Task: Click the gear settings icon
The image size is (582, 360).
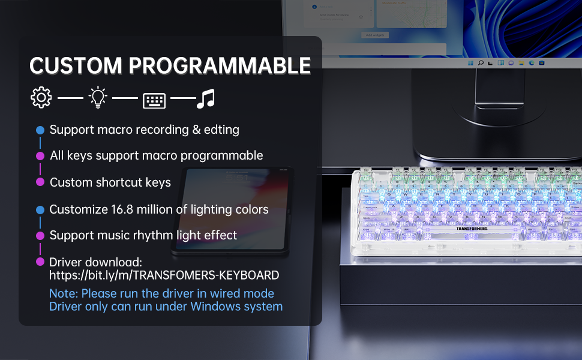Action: tap(41, 98)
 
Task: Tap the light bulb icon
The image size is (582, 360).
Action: tap(98, 97)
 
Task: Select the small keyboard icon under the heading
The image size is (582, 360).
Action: tap(154, 100)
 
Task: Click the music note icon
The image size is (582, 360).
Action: tap(206, 98)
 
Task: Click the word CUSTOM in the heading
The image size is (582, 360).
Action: tap(76, 65)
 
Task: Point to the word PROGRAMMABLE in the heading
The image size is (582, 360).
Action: tap(220, 65)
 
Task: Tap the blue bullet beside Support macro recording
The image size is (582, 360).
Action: tap(40, 130)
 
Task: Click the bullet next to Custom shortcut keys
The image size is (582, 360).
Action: tap(40, 182)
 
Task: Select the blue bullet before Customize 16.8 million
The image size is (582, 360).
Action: tap(40, 209)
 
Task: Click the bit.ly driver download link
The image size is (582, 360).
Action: tap(164, 275)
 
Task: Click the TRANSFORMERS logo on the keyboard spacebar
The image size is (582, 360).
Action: tap(472, 229)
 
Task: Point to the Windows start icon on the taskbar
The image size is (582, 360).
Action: tap(470, 63)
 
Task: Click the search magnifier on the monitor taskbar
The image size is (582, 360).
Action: tap(481, 63)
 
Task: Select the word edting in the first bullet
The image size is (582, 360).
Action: tap(221, 130)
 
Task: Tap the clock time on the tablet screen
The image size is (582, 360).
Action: tap(237, 178)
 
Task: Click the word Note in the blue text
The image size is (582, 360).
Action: tap(64, 293)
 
